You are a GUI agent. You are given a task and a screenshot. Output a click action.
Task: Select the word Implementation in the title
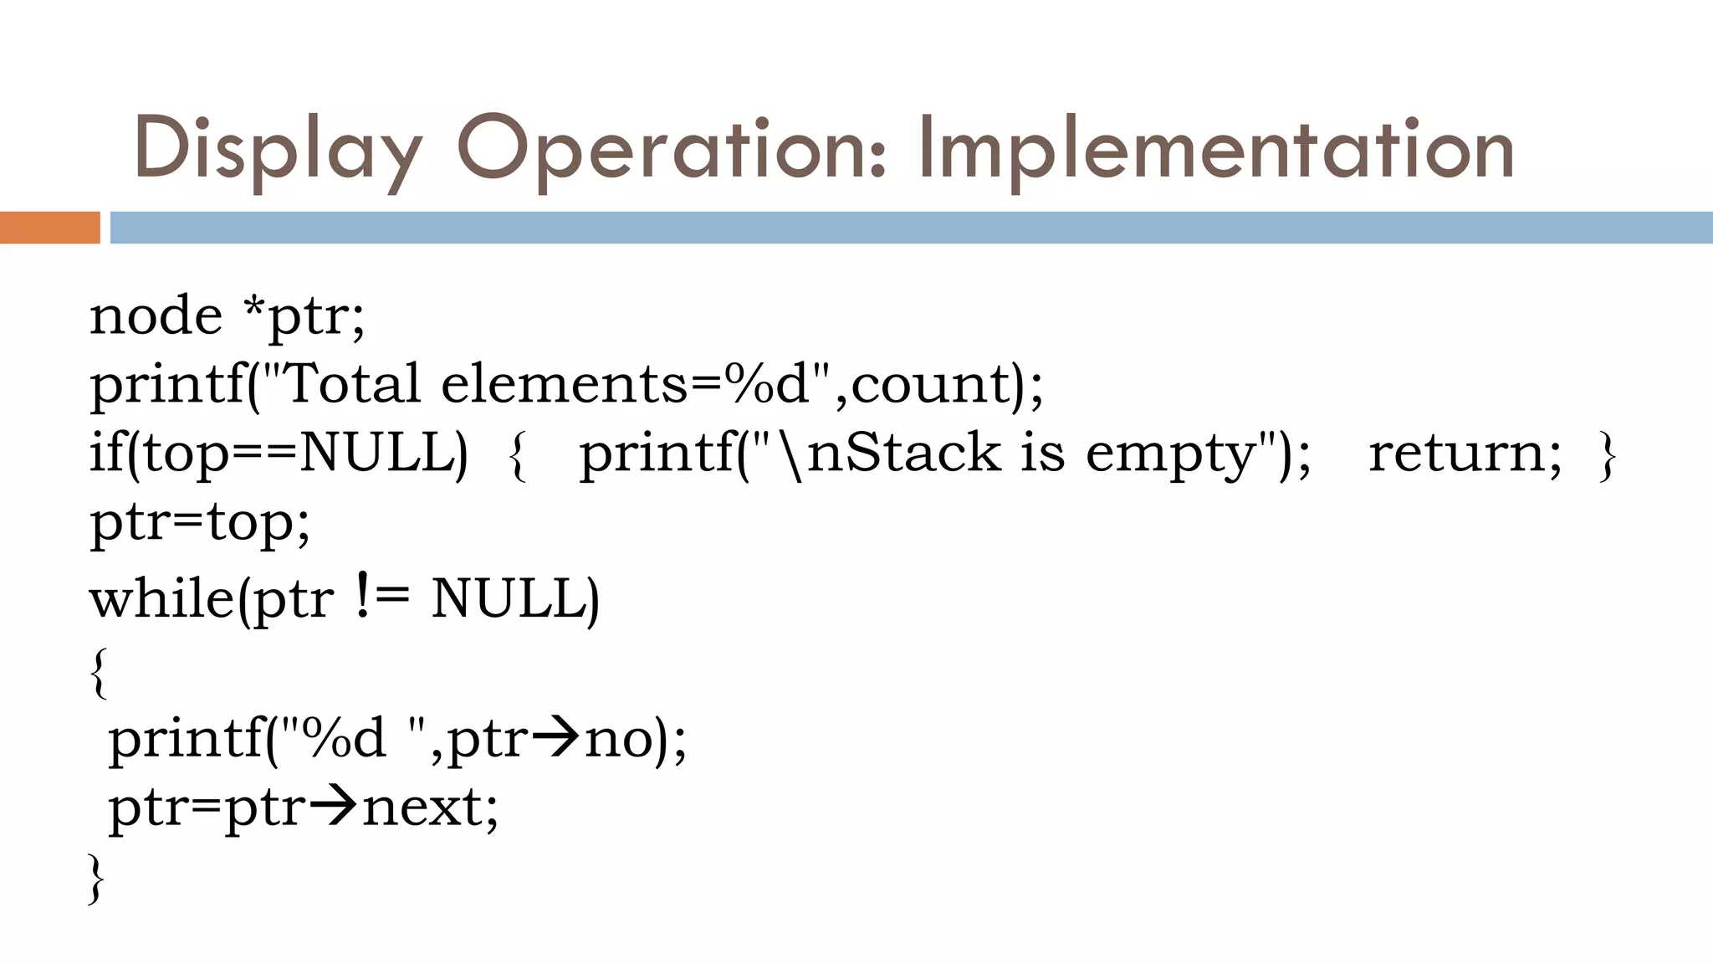coord(1216,149)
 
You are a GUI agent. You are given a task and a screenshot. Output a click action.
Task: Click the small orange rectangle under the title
coord(49,228)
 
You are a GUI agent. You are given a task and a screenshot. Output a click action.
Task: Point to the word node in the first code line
coord(156,316)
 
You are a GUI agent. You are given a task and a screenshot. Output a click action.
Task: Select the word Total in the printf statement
coord(351,384)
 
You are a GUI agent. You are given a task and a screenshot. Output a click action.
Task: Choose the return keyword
coord(1464,454)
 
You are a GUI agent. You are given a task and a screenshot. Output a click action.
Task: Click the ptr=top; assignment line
coord(200,524)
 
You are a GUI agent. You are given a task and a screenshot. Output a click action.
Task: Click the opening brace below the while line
coord(99,672)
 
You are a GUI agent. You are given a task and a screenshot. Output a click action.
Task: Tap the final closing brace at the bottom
coord(97,879)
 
